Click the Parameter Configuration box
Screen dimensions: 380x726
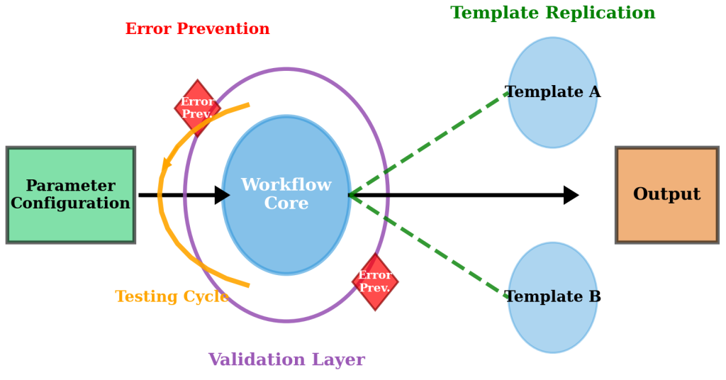[70, 195]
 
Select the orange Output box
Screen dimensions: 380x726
[666, 195]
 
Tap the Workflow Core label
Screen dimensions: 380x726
[286, 194]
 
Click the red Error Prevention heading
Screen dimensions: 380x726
[197, 29]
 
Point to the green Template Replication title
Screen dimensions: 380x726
[552, 13]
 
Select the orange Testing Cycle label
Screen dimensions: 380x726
[172, 296]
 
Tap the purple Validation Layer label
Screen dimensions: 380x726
[286, 359]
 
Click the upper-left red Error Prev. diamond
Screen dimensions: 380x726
[197, 108]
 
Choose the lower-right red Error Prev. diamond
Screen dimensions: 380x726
[375, 281]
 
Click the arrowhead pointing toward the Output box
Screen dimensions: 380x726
[571, 195]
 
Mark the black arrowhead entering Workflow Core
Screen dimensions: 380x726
[223, 195]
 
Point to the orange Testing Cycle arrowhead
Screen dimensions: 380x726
[167, 164]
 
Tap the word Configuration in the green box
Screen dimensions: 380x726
[70, 203]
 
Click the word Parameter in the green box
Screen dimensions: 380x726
[70, 186]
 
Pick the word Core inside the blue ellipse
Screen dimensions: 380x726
[286, 203]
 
